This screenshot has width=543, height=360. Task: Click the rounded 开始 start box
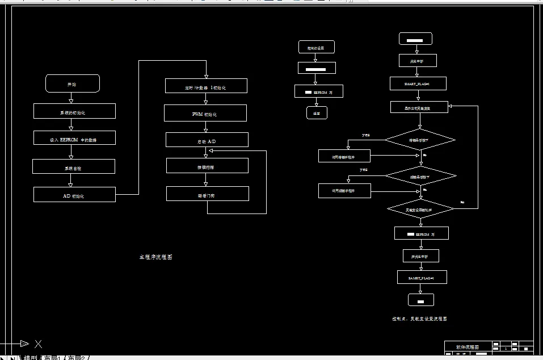(x=73, y=83)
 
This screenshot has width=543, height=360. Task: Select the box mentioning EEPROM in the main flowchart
(x=74, y=138)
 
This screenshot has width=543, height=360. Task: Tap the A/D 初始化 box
(x=74, y=195)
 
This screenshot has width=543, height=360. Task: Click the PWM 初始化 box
(x=205, y=114)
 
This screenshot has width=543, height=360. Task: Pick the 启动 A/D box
(x=207, y=140)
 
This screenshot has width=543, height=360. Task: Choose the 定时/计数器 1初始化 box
(x=206, y=86)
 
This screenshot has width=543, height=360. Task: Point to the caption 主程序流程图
(x=156, y=257)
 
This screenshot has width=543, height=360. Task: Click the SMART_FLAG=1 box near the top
(x=418, y=83)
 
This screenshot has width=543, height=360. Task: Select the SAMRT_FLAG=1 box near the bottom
(x=422, y=277)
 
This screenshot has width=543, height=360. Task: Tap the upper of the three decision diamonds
(x=420, y=139)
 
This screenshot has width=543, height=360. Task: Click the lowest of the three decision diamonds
(x=420, y=209)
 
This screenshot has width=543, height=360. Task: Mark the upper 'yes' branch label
(x=366, y=135)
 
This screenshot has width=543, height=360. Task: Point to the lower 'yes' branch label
(x=364, y=169)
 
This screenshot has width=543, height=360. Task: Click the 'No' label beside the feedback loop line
(x=462, y=202)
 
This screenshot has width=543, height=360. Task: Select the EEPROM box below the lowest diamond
(x=422, y=233)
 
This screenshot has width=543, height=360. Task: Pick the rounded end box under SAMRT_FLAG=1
(x=421, y=300)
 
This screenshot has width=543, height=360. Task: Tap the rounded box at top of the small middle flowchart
(x=316, y=47)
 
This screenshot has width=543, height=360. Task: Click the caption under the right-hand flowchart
(x=419, y=319)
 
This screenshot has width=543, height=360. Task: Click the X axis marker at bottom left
(x=38, y=344)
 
